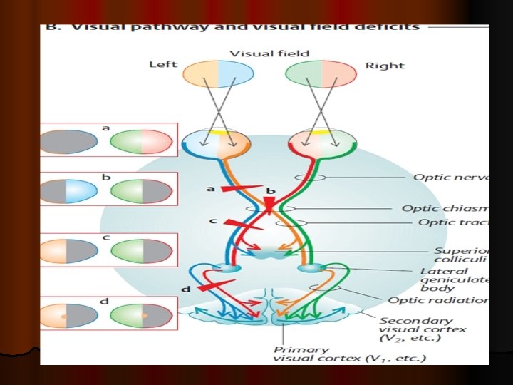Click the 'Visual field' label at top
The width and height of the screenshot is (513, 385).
(x=269, y=53)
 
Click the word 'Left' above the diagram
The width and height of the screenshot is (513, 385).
(x=162, y=65)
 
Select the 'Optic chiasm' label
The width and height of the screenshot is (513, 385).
(x=445, y=208)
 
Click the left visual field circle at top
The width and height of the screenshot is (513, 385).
(x=217, y=73)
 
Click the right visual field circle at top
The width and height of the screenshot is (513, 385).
(x=321, y=73)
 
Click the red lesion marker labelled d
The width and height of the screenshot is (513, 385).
(x=211, y=285)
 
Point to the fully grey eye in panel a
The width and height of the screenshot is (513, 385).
(x=68, y=141)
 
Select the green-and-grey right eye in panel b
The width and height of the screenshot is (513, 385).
(x=141, y=192)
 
